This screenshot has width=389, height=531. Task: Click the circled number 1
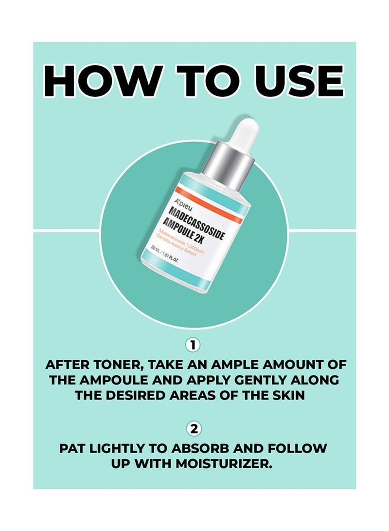(x=194, y=345)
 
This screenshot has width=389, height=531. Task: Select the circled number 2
(x=194, y=429)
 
